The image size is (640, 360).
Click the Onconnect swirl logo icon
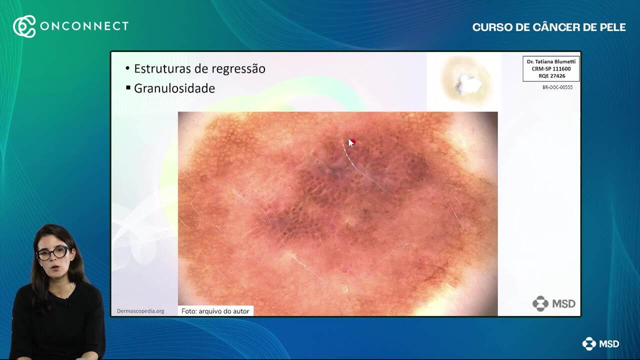click(24, 26)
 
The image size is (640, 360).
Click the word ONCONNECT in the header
click(84, 26)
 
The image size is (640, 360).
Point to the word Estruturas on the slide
click(162, 69)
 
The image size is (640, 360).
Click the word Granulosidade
click(174, 88)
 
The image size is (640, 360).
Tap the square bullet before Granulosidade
click(128, 87)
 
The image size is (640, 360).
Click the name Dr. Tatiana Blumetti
click(551, 61)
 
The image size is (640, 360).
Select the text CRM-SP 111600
click(551, 69)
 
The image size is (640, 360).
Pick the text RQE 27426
click(551, 76)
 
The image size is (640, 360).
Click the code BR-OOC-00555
click(557, 87)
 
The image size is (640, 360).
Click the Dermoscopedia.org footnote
click(140, 311)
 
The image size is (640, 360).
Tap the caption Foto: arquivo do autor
click(215, 311)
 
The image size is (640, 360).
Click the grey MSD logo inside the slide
click(553, 303)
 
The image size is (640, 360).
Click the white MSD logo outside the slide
click(600, 343)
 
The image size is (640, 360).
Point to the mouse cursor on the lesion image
click(351, 143)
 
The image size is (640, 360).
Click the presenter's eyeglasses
click(53, 253)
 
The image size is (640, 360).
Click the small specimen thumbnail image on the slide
click(464, 81)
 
